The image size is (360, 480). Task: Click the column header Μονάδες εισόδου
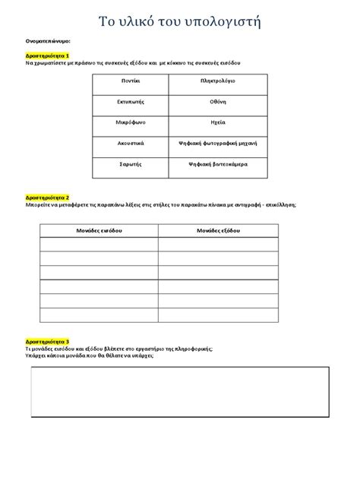pyautogui.click(x=99, y=229)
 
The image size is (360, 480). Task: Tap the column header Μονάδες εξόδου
pyautogui.click(x=219, y=229)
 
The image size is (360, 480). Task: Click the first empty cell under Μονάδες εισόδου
pyautogui.click(x=99, y=244)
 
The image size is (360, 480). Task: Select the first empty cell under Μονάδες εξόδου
pyautogui.click(x=219, y=244)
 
